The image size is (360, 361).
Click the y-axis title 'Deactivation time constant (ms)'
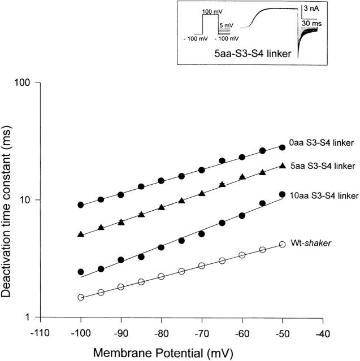[11, 199]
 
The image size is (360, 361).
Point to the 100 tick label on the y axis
[28, 82]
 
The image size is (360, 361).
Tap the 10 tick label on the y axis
[31, 200]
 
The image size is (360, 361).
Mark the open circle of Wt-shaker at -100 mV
[81, 297]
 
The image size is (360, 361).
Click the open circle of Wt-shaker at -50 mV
[282, 245]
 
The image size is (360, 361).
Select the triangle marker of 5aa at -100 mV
[81, 234]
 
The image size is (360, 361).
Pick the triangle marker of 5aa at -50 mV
[282, 165]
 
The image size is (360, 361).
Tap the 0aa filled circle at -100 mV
[81, 205]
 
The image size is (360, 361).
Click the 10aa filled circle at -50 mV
[282, 194]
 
